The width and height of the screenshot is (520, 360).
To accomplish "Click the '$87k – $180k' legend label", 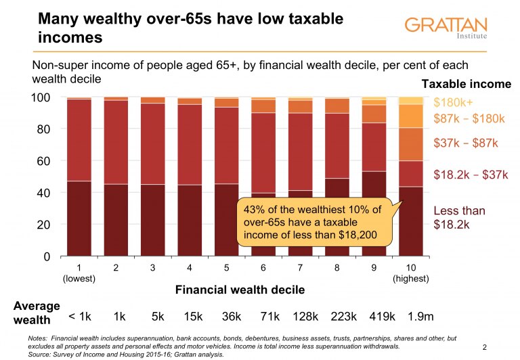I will [469, 118].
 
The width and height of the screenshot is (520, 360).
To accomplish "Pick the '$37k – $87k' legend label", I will [465, 143].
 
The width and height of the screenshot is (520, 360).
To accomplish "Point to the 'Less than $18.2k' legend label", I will [459, 218].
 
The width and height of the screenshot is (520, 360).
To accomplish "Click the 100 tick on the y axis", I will [41, 97].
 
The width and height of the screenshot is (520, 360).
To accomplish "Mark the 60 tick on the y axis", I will [45, 161].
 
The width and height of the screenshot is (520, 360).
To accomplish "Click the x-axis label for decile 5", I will [227, 268].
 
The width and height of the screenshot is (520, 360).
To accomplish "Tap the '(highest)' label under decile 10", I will [411, 278].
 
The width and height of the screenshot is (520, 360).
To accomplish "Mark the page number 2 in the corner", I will [485, 347].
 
